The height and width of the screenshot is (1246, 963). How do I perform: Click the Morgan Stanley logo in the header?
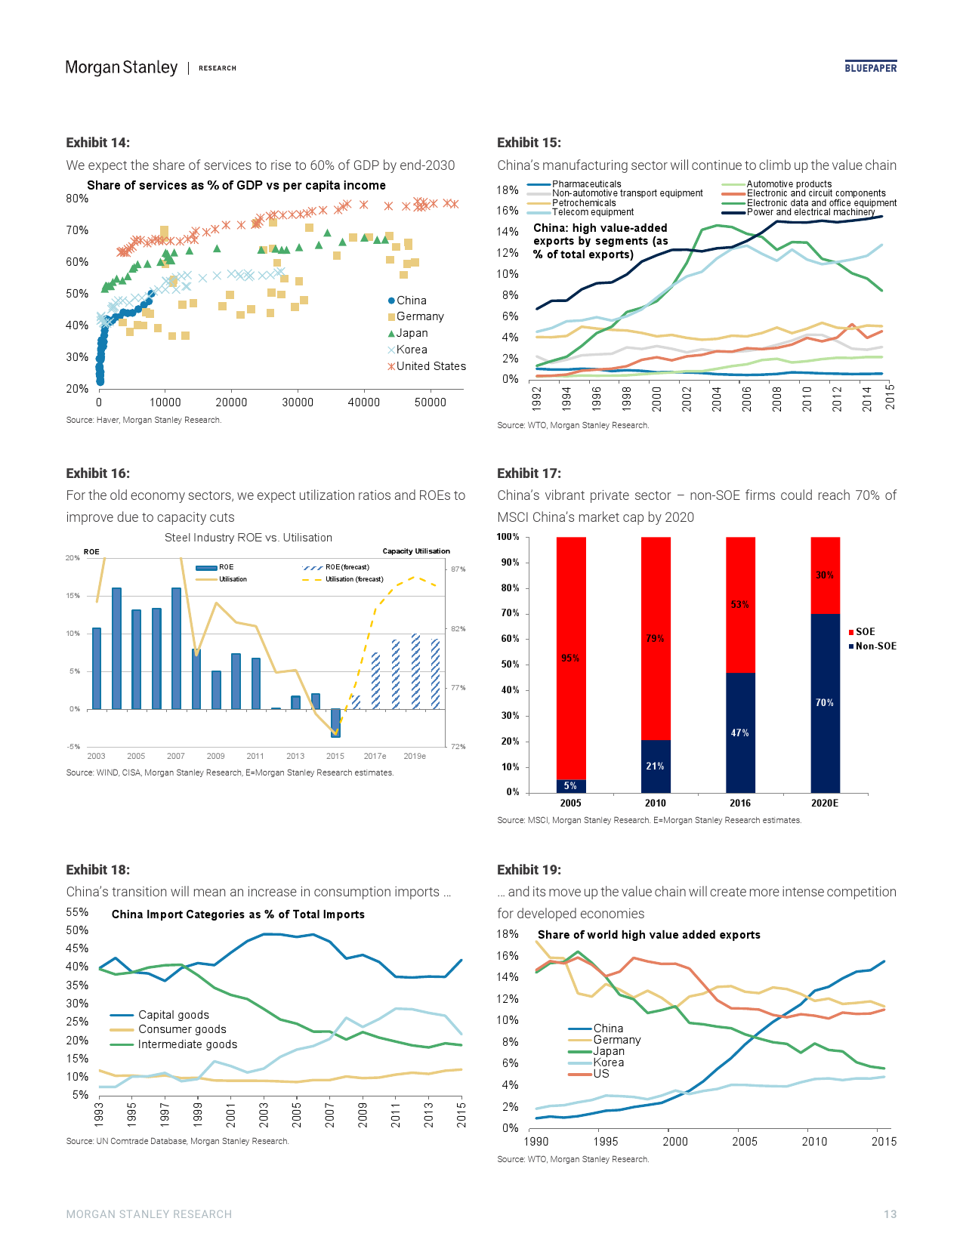point(122,67)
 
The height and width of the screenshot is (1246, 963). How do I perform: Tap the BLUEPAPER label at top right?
point(870,68)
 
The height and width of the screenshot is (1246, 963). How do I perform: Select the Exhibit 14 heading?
point(97,143)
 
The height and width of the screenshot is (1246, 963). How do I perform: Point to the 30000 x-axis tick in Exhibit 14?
point(298,402)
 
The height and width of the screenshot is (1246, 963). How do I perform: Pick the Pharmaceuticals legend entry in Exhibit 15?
point(586,184)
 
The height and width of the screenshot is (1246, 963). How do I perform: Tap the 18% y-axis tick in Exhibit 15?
point(508,190)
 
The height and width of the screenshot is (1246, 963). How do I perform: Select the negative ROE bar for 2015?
point(335,723)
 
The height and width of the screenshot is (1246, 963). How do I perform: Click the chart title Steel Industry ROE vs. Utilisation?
point(248,538)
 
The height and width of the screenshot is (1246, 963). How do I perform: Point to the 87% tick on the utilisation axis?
point(458,569)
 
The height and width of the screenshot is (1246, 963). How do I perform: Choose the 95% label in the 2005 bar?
point(570,658)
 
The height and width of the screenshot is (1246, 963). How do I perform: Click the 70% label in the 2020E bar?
point(824,702)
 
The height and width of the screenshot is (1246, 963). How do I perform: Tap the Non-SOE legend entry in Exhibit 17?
point(875,646)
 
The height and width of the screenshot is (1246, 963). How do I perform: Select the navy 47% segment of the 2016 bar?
point(740,732)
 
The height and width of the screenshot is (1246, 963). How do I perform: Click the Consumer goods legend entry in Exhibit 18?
point(182,1029)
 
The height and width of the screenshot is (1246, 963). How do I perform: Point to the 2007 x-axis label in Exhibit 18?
point(329,1115)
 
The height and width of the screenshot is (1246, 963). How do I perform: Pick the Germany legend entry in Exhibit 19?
point(617,1040)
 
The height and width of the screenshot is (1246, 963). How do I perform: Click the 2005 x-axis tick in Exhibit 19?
point(745,1141)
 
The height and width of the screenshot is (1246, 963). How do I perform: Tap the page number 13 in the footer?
point(890,1214)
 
